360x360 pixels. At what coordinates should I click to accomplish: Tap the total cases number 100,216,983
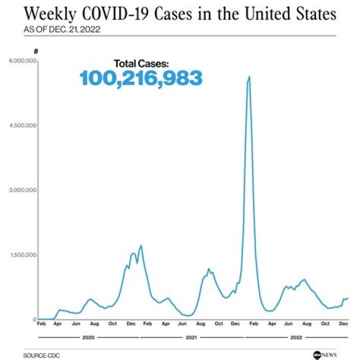141,78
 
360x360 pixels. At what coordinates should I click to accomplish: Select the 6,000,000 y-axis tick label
21,61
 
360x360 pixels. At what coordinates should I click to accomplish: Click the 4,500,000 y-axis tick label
21,125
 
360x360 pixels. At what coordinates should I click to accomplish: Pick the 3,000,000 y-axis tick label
21,190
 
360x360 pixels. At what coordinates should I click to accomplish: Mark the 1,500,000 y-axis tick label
21,255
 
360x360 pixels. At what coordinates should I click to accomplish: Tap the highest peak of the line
249,76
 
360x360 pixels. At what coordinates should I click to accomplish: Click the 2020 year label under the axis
88,338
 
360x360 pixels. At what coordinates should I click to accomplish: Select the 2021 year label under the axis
191,338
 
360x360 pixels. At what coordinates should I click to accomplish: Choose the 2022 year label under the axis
296,338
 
